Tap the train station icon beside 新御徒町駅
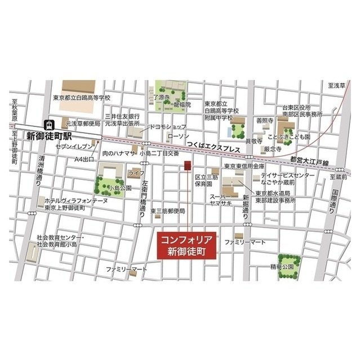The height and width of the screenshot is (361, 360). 50,123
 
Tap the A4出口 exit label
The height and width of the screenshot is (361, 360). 85,160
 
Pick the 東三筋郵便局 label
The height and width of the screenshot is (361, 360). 168,211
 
